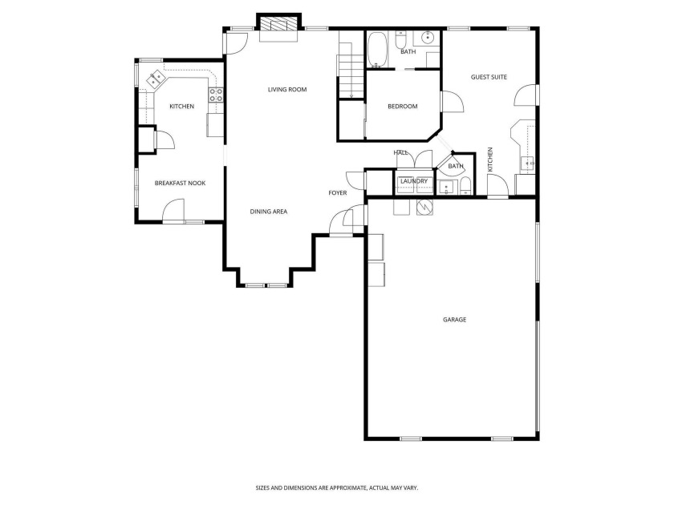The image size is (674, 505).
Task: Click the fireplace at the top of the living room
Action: tap(278, 26)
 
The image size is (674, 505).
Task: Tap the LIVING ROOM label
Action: tap(287, 90)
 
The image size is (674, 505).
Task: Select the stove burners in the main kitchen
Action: tap(216, 100)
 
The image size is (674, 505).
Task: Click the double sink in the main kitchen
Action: tap(153, 80)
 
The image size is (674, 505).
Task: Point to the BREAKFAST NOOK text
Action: tap(180, 184)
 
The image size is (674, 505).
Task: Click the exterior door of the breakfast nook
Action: tap(173, 214)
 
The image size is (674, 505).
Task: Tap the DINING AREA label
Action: tap(268, 212)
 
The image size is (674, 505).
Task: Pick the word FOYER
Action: tap(337, 193)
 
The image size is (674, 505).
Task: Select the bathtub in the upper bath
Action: tap(378, 50)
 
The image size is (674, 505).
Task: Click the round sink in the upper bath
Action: tap(428, 37)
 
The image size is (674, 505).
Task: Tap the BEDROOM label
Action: tap(402, 107)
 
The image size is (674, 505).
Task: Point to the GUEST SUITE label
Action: tap(489, 77)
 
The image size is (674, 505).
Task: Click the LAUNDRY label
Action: tap(414, 182)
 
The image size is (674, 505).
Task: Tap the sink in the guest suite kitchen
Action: tap(528, 163)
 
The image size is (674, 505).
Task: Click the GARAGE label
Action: tap(454, 320)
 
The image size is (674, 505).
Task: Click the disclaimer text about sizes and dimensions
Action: tap(336, 487)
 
